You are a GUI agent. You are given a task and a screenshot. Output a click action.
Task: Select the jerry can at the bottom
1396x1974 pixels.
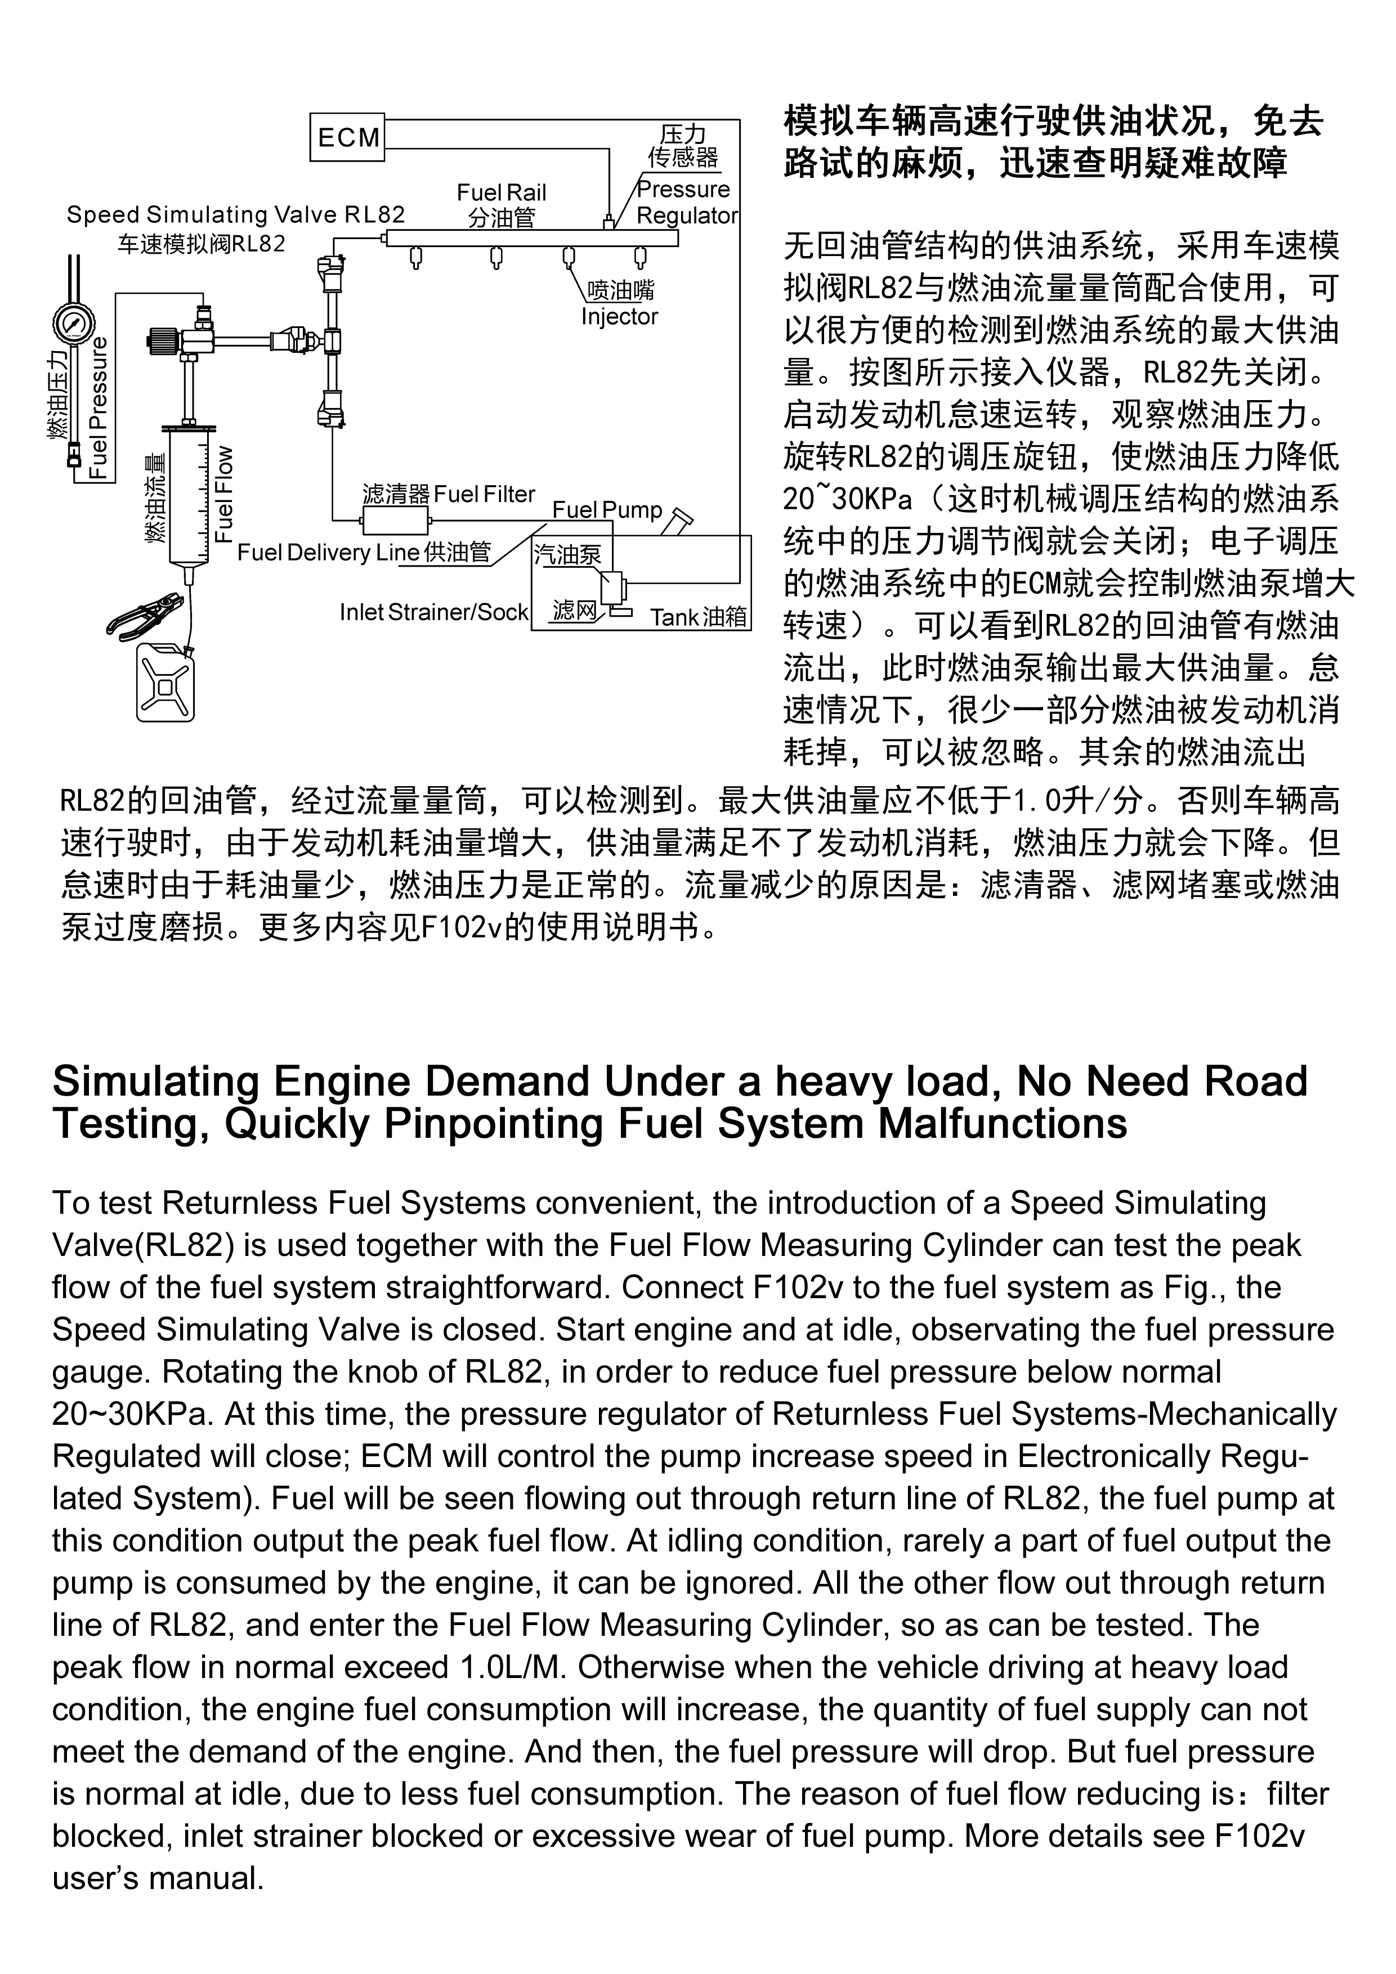(165, 684)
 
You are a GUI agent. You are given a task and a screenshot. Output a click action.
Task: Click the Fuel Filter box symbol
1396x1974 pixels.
(395, 520)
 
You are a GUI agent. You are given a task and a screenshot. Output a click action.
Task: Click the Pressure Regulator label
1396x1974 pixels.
(686, 203)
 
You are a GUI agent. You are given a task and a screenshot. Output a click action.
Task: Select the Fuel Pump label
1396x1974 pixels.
(607, 510)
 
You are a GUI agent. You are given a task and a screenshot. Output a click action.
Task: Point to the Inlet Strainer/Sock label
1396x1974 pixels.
(433, 612)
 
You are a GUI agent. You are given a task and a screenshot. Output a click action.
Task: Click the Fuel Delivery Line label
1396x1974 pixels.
(328, 552)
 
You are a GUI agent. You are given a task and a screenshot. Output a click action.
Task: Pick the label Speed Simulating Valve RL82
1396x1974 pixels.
(236, 214)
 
